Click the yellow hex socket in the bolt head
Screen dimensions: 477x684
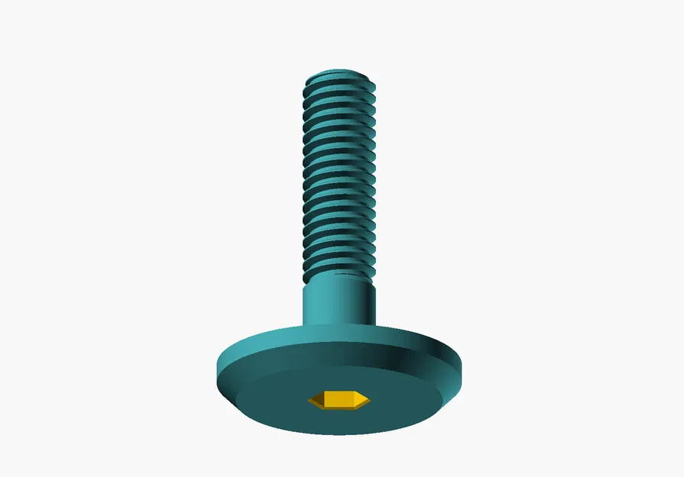pos(339,399)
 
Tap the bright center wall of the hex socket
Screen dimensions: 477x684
pos(339,398)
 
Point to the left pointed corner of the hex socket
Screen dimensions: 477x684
pos(310,399)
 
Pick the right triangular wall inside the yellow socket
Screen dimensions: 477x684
pos(361,398)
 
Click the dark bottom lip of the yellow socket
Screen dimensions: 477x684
pos(339,408)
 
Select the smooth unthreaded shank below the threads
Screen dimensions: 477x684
pos(339,301)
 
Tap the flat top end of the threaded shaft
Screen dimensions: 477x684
pos(339,74)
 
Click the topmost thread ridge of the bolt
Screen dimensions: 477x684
pos(339,81)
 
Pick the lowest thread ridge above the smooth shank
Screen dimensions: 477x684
pos(339,269)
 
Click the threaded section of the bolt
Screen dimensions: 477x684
pos(339,176)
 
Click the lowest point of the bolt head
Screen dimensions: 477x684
pos(339,435)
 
